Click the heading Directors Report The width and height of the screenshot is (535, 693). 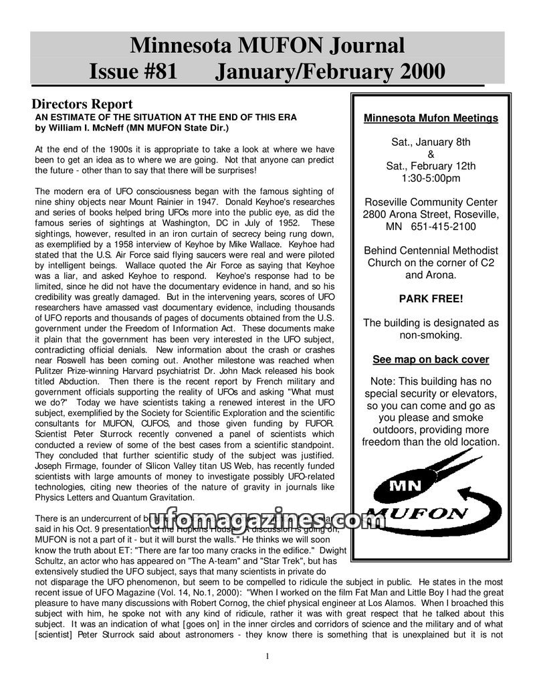pos(82,104)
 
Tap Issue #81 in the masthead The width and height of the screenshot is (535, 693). pos(133,70)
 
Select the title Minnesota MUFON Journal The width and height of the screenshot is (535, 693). pos(267,45)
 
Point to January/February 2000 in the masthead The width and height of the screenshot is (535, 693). pos(330,70)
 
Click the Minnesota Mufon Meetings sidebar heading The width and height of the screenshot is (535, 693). pos(431,118)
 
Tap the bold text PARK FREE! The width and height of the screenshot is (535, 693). pos(431,298)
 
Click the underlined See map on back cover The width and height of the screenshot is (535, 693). pos(431,359)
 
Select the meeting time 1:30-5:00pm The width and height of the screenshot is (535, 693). pos(431,178)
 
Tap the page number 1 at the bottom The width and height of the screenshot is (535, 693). pos(267,656)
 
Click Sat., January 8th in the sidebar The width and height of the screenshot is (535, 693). pos(431,142)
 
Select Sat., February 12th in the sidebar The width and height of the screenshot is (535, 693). pos(431,166)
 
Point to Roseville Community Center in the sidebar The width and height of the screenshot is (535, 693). pos(431,202)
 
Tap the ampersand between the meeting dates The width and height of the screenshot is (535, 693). pos(431,154)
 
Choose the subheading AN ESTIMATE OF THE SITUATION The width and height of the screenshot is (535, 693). pos(165,117)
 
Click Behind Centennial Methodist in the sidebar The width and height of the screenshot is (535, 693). pos(431,250)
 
